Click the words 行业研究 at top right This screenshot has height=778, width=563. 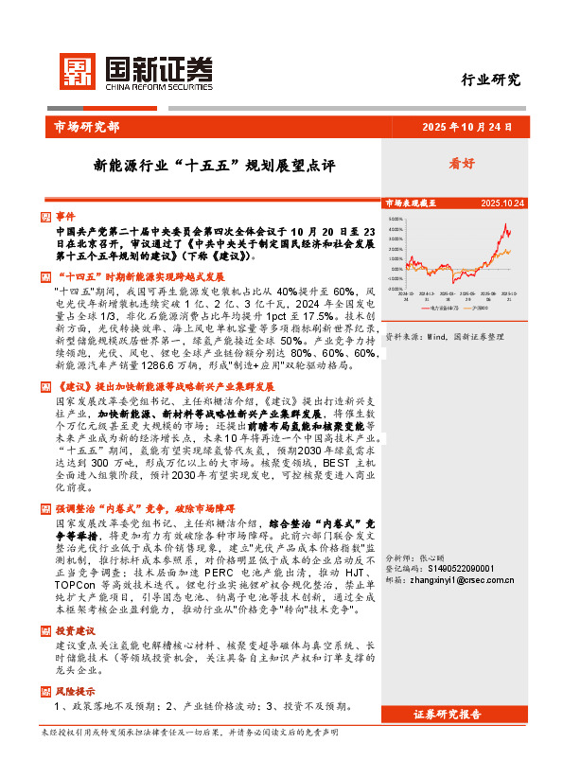[x=491, y=80]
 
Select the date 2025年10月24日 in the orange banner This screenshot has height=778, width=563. [x=466, y=126]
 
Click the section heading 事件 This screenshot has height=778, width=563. [x=64, y=216]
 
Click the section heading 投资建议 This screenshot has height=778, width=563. [x=75, y=604]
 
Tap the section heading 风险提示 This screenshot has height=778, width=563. [x=75, y=664]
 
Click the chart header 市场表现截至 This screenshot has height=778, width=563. [x=410, y=203]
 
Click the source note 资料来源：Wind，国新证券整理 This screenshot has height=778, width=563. [x=441, y=336]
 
